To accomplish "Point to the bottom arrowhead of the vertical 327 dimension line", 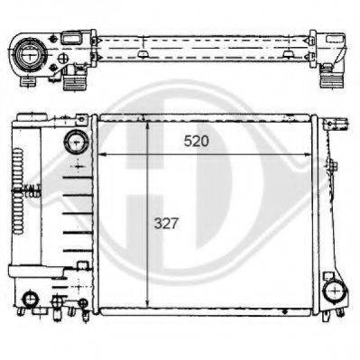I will tap(148, 304).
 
